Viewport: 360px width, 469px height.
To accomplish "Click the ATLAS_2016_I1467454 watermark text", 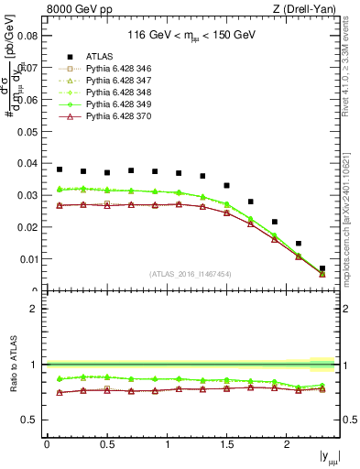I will click(190, 274).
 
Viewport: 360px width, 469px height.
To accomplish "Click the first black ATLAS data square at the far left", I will click(60, 169).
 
